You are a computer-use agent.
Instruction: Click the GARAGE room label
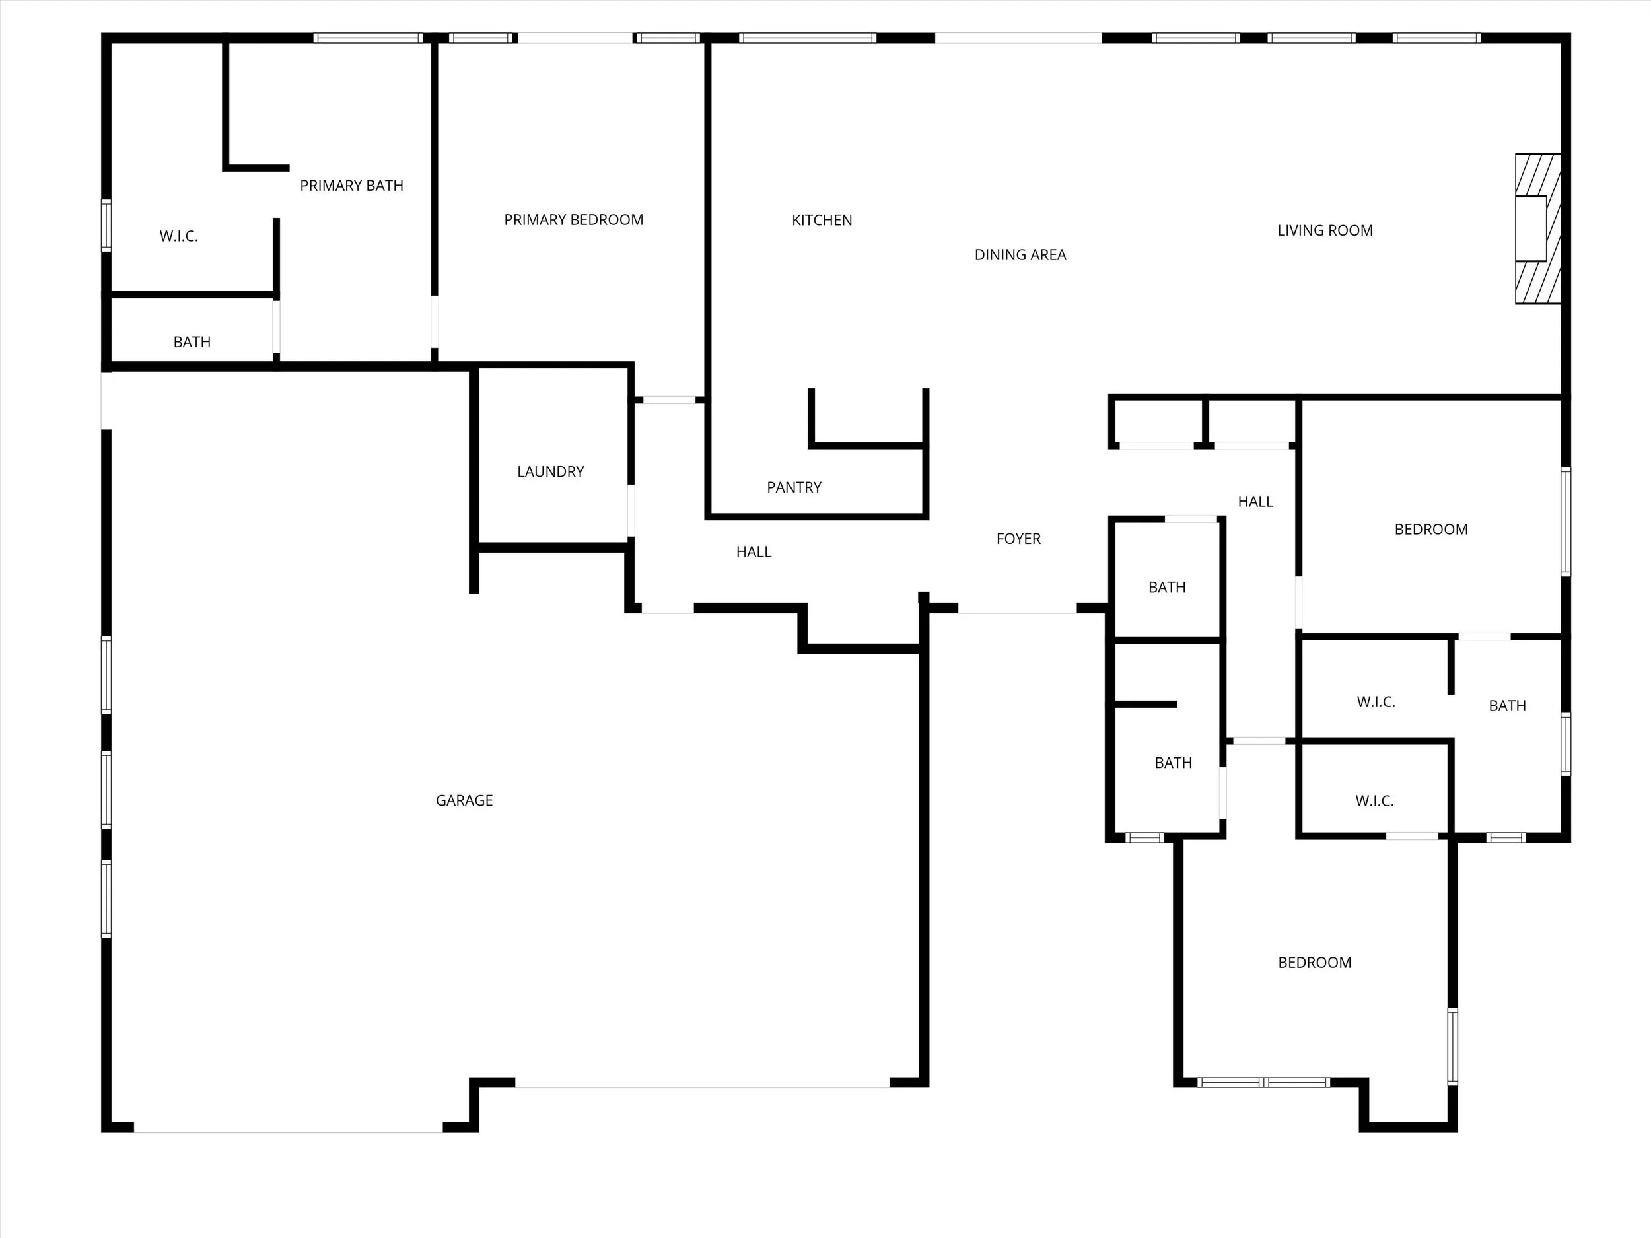464,800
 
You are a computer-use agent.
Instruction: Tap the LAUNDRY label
550,471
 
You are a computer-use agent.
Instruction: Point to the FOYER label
1018,539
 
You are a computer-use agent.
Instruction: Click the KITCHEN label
821,220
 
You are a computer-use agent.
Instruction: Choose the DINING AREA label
1020,254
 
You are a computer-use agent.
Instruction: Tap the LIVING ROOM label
1324,230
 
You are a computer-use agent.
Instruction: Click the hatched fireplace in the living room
1537,228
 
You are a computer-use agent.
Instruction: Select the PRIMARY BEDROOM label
573,219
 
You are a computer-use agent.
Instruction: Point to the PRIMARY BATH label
351,185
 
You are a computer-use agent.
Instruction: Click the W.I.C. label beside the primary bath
178,236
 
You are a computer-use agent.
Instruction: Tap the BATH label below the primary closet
192,342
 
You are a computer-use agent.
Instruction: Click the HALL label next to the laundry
753,552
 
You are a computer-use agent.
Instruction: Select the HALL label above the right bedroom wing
1255,501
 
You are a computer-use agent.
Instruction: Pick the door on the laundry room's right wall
631,510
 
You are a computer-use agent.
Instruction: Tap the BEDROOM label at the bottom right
1314,963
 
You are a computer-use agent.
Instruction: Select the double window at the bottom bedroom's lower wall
1263,1082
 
